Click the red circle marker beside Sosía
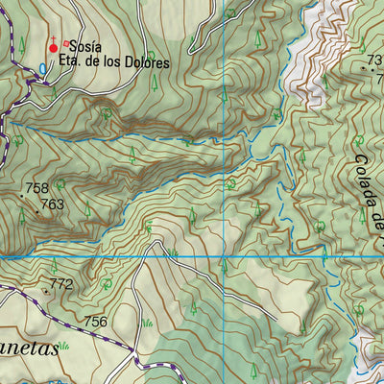53,47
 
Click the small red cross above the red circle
53,37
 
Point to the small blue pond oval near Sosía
42,69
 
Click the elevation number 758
37,188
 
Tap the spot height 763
53,204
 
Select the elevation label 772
60,284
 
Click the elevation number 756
96,322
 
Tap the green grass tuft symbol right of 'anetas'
64,344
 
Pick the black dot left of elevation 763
37,208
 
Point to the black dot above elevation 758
23,196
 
